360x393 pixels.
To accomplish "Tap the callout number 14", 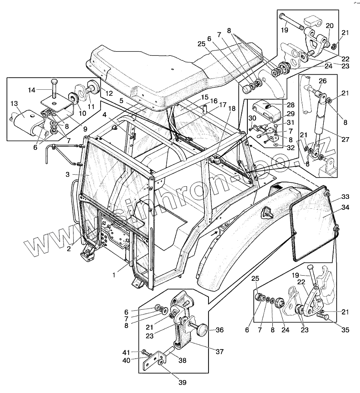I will point(32,90).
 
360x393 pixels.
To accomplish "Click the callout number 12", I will point(109,93).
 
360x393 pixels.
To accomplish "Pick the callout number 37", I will point(220,352).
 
